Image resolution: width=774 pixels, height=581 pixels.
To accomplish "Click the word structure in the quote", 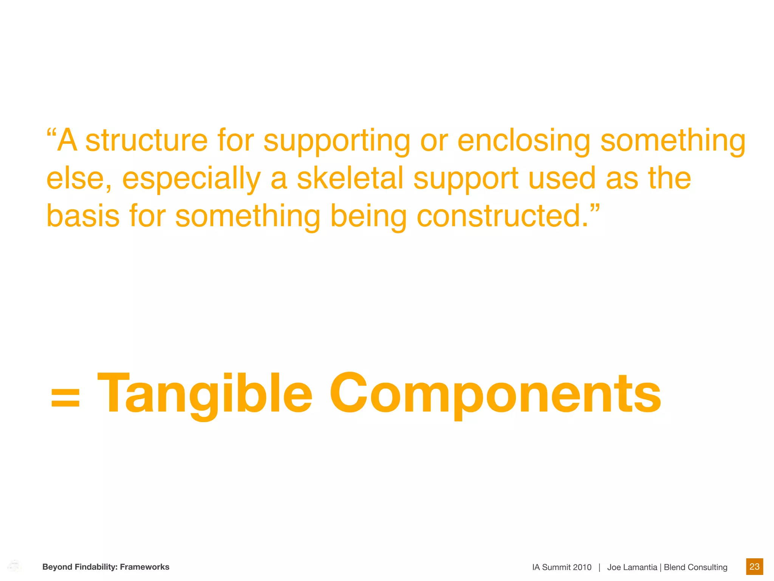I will tap(146, 141).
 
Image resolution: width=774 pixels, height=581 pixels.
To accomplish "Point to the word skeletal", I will tap(350, 179).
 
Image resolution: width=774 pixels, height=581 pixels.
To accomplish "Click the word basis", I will tap(83, 216).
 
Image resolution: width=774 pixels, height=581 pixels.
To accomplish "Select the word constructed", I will tap(503, 216).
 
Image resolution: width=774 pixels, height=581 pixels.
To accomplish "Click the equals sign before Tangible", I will tap(65, 399).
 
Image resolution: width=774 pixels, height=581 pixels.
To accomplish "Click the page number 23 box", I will tap(754, 566).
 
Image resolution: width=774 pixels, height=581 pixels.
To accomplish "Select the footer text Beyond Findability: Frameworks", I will tap(106, 567).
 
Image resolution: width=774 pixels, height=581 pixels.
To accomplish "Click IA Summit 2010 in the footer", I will tap(562, 567).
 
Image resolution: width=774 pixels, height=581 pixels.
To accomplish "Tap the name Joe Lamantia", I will tap(632, 567).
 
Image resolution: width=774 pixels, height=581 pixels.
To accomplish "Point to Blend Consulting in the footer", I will tap(695, 567).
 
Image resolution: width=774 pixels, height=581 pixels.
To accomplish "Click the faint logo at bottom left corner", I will tap(14, 566).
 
